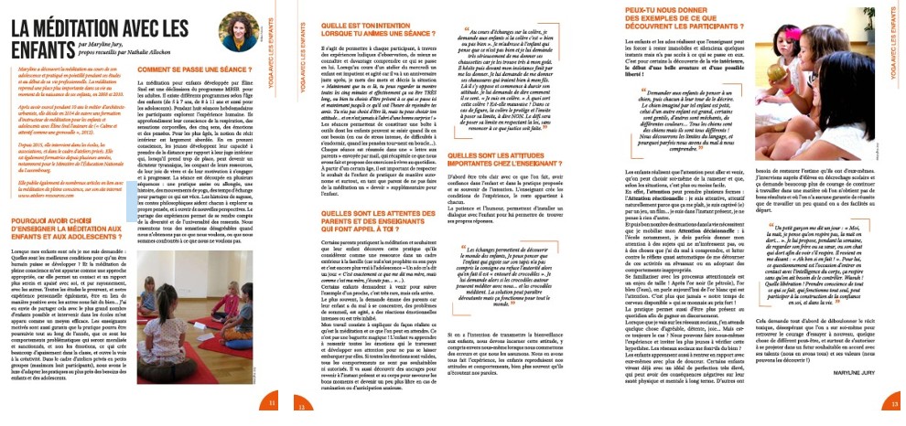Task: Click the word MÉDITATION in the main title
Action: [86, 16]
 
